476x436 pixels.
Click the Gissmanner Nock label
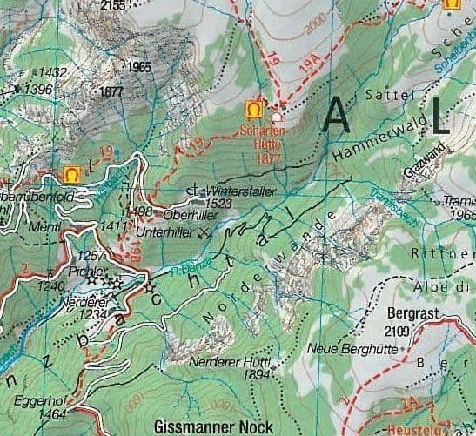(212, 426)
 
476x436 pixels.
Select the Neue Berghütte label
(345, 349)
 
